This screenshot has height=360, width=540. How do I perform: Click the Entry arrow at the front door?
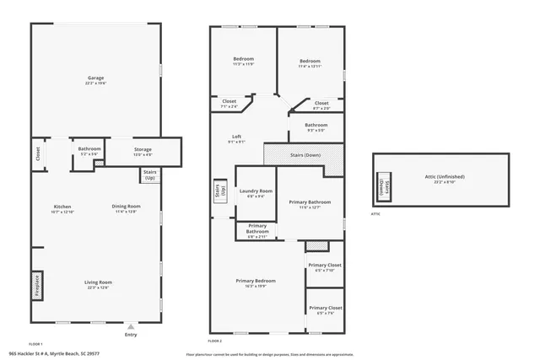pyautogui.click(x=130, y=326)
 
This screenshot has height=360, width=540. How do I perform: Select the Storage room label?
pyautogui.click(x=143, y=152)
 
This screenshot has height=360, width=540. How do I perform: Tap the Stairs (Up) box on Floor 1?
pyautogui.click(x=150, y=175)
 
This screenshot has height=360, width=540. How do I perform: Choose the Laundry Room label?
pyautogui.click(x=256, y=193)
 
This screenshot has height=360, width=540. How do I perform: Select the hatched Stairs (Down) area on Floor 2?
pyautogui.click(x=304, y=155)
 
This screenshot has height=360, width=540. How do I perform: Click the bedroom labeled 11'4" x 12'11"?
pyautogui.click(x=310, y=63)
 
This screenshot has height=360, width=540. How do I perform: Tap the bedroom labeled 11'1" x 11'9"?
pyautogui.click(x=244, y=62)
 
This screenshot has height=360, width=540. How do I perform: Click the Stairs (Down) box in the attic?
pyautogui.click(x=382, y=187)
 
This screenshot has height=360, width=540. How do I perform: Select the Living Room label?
pyautogui.click(x=97, y=285)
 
